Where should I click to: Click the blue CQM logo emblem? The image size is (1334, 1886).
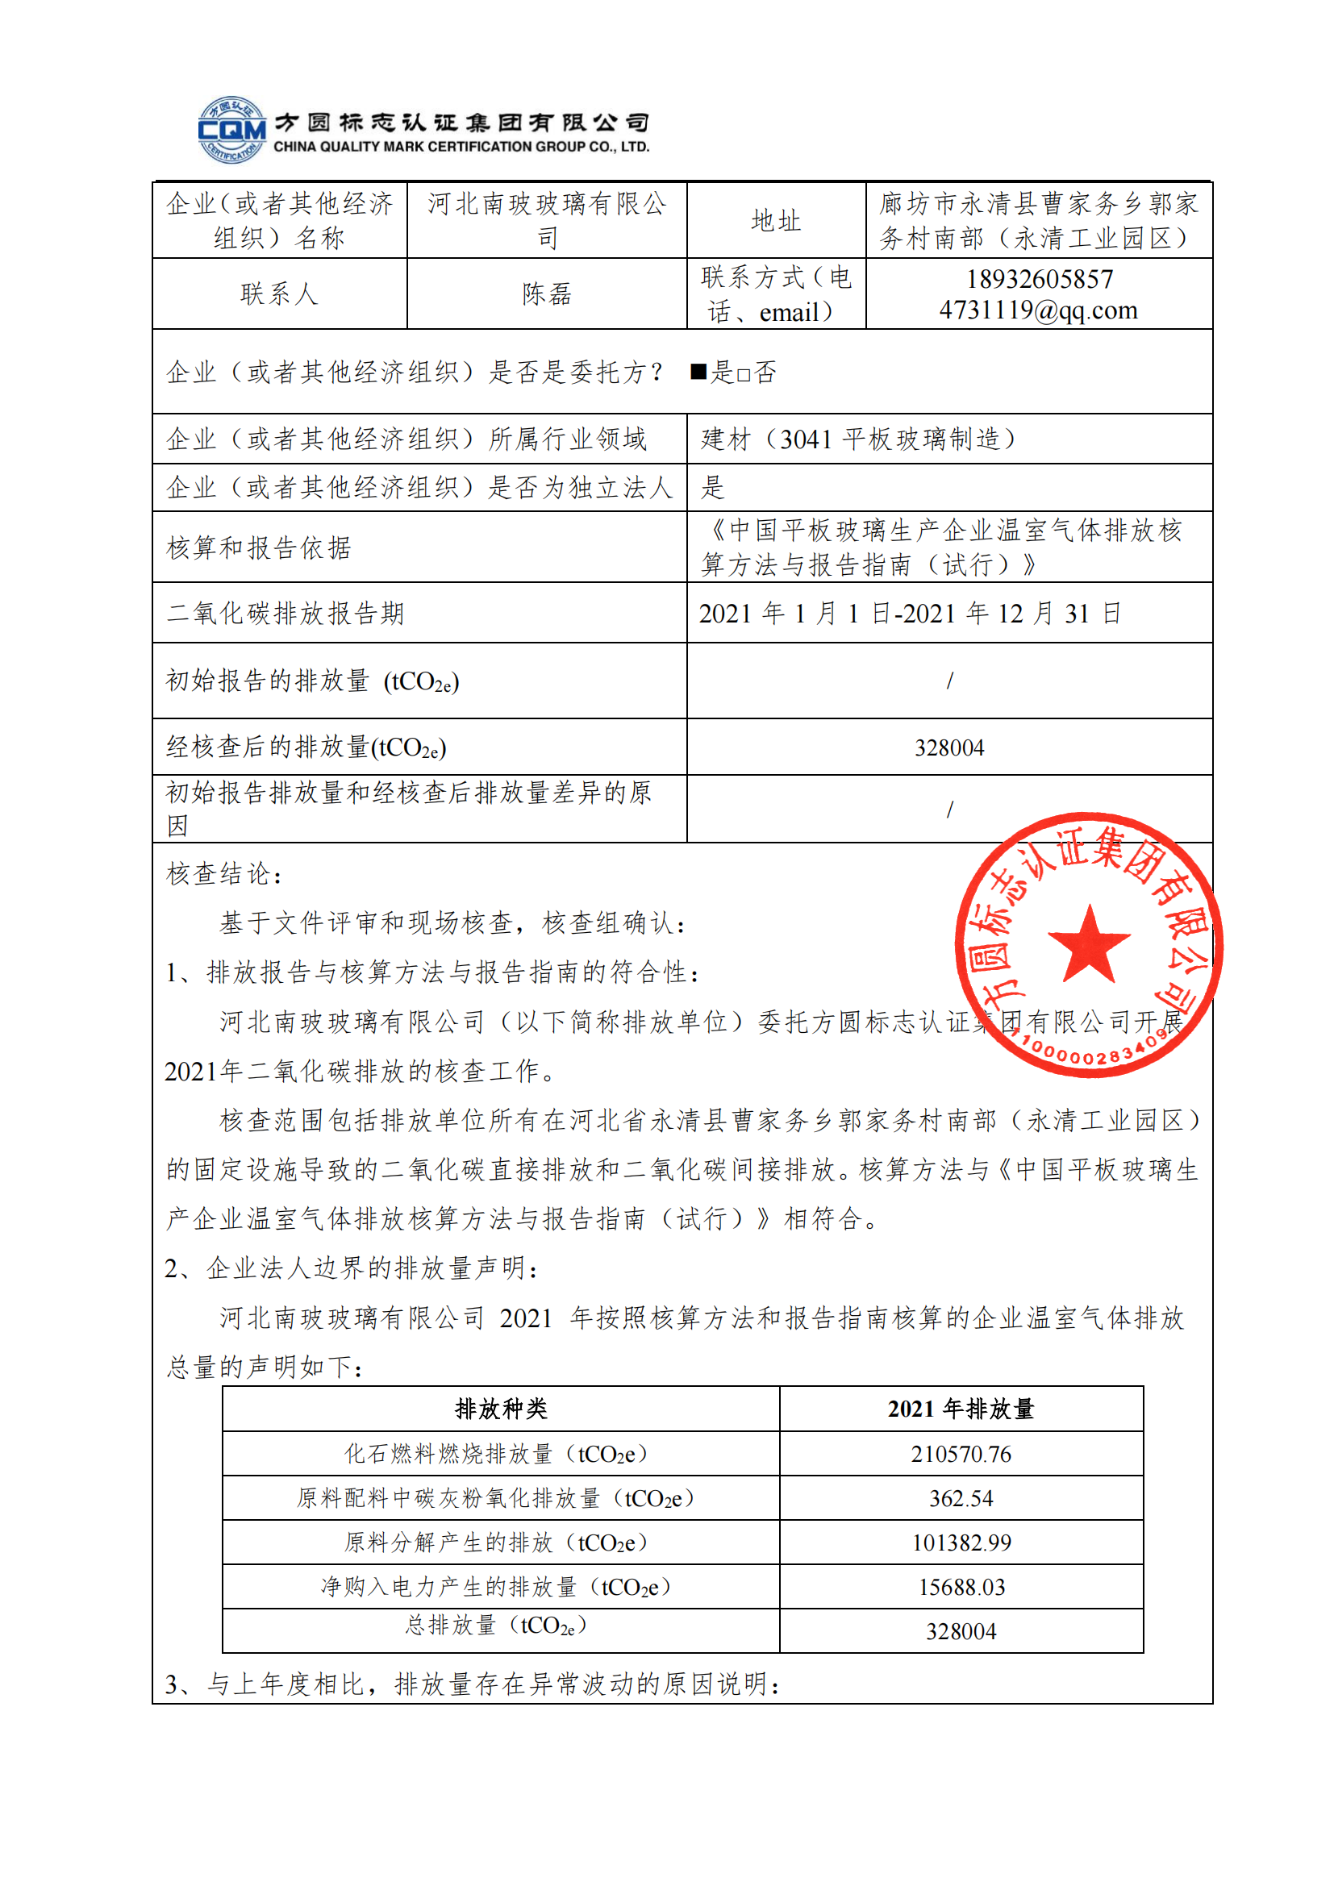[231, 130]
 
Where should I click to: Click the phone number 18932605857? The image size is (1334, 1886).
[1039, 279]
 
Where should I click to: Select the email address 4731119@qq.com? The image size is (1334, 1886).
[1038, 310]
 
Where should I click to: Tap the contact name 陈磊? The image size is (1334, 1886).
[546, 294]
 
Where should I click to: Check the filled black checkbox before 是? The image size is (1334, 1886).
[698, 372]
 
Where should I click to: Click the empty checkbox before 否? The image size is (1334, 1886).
[744, 375]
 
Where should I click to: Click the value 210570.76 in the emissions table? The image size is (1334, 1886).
[961, 1454]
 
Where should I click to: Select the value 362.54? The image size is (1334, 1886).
[961, 1498]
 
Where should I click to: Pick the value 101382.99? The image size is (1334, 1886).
[961, 1543]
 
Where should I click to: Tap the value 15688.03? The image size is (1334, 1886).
[961, 1587]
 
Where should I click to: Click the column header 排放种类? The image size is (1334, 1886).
[500, 1409]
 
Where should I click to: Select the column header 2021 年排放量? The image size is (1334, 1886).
[961, 1409]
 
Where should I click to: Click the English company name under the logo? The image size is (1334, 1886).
[461, 147]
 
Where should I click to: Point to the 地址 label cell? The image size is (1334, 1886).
[775, 220]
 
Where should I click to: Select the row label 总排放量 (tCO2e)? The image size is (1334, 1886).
[495, 1626]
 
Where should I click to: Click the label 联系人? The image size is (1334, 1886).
[279, 294]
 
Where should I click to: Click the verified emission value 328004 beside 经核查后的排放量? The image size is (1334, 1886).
[948, 747]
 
